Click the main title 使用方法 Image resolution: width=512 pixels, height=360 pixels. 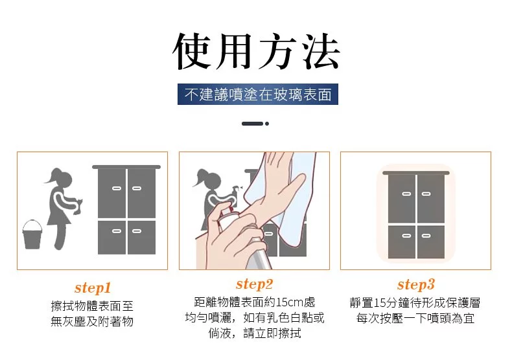tap(256, 52)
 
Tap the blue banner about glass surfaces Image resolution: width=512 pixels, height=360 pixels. tap(258, 95)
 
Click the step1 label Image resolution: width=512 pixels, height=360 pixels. tap(93, 288)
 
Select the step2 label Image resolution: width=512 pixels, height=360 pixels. tap(254, 284)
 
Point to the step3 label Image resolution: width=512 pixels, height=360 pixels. tap(416, 285)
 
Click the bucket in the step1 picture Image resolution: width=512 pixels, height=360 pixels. tap(32, 235)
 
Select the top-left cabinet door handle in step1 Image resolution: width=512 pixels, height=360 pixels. tap(117, 188)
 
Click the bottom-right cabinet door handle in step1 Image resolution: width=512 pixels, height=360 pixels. tap(137, 231)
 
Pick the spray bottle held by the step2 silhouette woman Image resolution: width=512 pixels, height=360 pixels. tap(235, 192)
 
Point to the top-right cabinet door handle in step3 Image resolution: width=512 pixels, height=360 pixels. tap(426, 194)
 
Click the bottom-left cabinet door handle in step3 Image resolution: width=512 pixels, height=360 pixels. tap(406, 236)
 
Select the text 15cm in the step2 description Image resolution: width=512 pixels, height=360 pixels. tap(290, 302)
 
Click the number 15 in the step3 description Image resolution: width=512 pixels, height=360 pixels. tap(380, 303)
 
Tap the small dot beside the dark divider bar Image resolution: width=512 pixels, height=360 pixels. tap(267, 124)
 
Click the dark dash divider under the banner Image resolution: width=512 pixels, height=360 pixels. tap(252, 124)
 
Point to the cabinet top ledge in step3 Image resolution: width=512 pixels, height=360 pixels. tap(416, 173)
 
